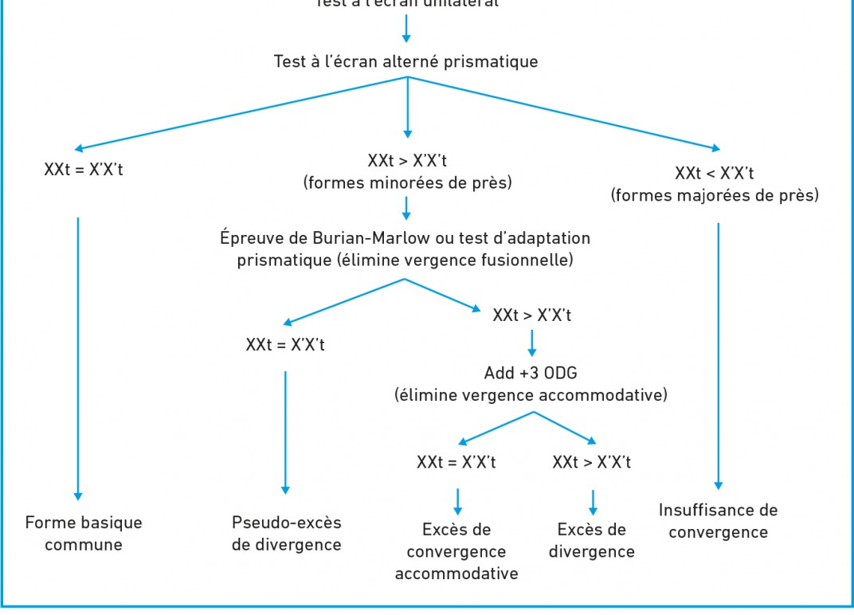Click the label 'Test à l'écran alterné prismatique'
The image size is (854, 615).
(405, 61)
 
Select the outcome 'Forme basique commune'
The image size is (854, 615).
(84, 534)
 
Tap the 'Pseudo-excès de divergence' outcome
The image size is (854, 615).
(286, 534)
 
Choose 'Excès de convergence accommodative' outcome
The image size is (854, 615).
(456, 551)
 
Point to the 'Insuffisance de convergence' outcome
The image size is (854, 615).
(718, 521)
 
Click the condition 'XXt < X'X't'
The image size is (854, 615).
(715, 174)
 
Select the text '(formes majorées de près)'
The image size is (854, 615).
(715, 195)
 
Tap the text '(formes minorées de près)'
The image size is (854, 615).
(407, 182)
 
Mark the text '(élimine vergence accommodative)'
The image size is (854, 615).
(531, 394)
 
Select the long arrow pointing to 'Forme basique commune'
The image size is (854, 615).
(78, 358)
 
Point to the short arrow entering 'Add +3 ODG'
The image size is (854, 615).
(531, 343)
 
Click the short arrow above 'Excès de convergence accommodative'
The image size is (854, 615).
(457, 500)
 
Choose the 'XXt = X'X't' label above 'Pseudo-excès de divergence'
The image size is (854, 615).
(285, 345)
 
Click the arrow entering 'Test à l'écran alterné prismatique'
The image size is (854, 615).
(406, 28)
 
